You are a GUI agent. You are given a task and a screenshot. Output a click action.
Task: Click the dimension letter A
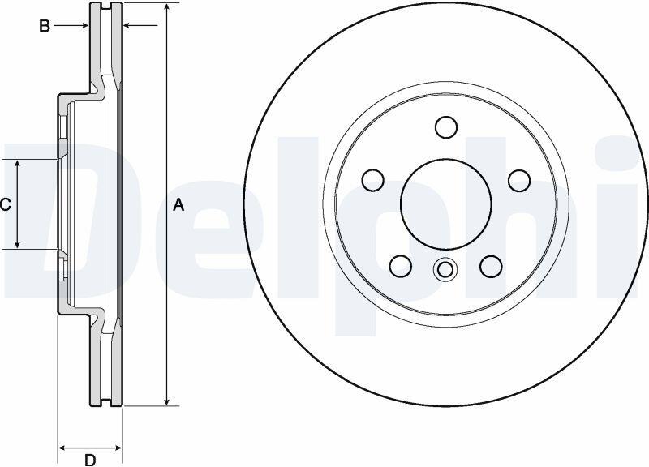click(178, 205)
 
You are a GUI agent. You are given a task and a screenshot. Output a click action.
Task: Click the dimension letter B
click(45, 26)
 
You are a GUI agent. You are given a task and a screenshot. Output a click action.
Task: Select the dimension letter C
click(6, 205)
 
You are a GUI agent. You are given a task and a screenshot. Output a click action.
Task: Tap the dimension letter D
click(90, 460)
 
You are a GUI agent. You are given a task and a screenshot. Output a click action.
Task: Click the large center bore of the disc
click(445, 204)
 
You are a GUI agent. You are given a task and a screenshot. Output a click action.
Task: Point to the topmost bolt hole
click(446, 126)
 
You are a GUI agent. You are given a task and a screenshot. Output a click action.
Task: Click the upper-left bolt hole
click(372, 180)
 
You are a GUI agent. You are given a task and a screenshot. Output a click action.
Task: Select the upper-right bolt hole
click(519, 180)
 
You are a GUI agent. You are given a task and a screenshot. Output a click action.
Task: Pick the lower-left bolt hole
click(401, 267)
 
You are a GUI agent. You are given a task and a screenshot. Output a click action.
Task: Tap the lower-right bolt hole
click(491, 267)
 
